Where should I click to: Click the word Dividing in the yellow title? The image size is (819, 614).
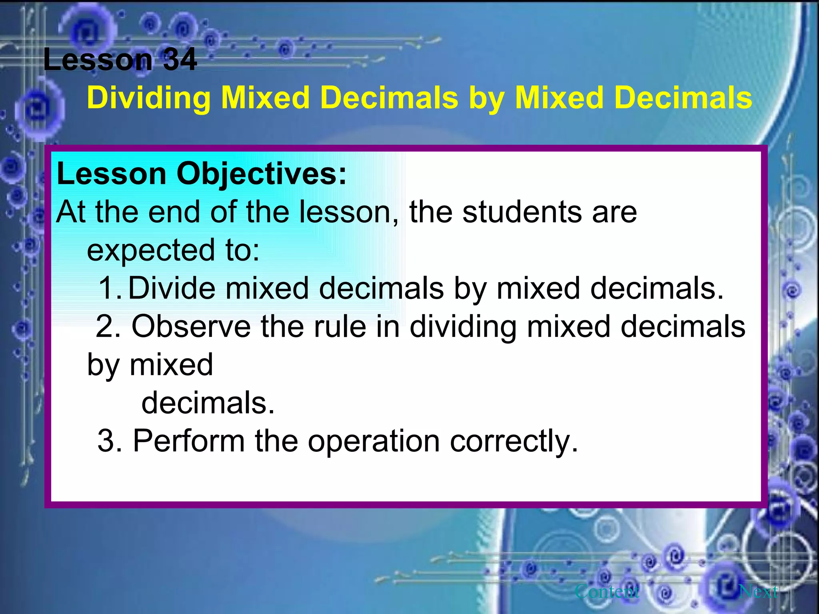point(148,98)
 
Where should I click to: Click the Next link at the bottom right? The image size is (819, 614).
point(758,591)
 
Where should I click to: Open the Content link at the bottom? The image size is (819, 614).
point(607,591)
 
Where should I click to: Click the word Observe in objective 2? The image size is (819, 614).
point(191,326)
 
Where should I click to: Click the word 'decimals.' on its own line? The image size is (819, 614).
point(208,403)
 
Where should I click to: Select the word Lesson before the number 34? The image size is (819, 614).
point(98,60)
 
